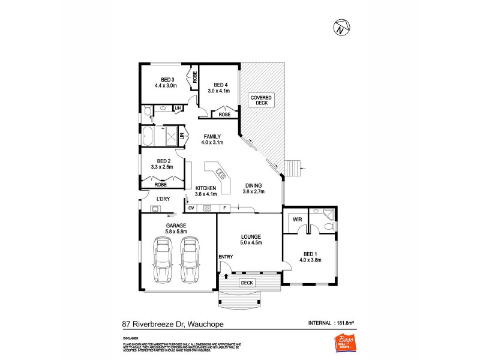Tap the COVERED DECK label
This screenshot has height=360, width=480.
pyautogui.click(x=262, y=100)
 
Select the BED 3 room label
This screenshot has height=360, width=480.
pyautogui.click(x=167, y=80)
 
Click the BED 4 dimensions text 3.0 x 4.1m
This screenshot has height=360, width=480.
pyautogui.click(x=219, y=91)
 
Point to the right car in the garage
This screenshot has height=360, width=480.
pyautogui.click(x=190, y=259)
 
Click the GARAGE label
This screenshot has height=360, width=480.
pyautogui.click(x=176, y=226)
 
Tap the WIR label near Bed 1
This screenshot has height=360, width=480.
pyautogui.click(x=296, y=220)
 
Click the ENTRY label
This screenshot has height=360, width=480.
pyautogui.click(x=226, y=257)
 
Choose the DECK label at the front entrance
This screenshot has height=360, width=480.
pyautogui.click(x=246, y=281)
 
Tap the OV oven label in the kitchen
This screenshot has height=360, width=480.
pyautogui.click(x=191, y=208)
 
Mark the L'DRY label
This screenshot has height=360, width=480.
pyautogui.click(x=163, y=199)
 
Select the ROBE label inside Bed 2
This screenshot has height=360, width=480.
pyautogui.click(x=161, y=185)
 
